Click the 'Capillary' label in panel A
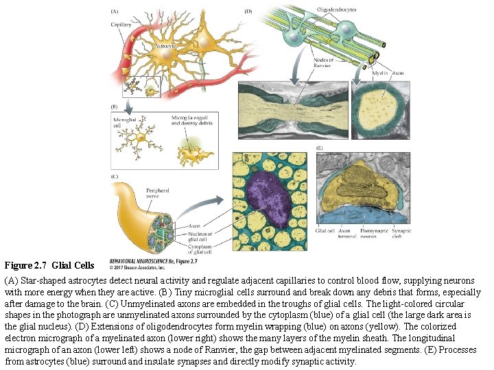point(121,25)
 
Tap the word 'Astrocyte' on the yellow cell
point(165,46)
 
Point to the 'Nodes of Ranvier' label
point(322,63)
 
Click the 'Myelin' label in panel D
point(381,72)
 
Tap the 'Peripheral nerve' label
point(157,194)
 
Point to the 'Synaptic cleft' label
point(401,234)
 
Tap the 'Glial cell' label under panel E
point(325,232)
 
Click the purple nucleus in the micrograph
point(269,200)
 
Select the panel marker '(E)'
point(320,147)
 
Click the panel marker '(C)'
point(115,177)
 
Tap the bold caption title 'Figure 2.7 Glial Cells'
point(49,264)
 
